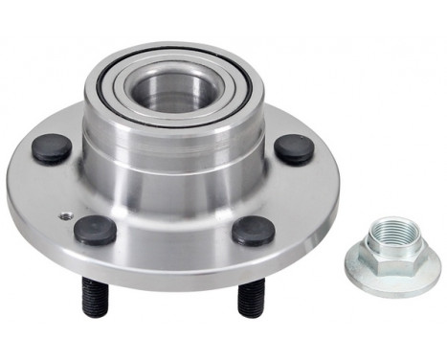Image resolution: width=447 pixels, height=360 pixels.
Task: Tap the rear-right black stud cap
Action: pyautogui.click(x=294, y=148)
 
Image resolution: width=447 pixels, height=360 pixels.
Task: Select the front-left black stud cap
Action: pyautogui.click(x=96, y=229)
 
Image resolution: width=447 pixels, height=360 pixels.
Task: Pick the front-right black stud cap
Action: pyautogui.click(x=254, y=230)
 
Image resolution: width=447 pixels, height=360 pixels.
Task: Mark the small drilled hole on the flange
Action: pyautogui.click(x=65, y=215)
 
